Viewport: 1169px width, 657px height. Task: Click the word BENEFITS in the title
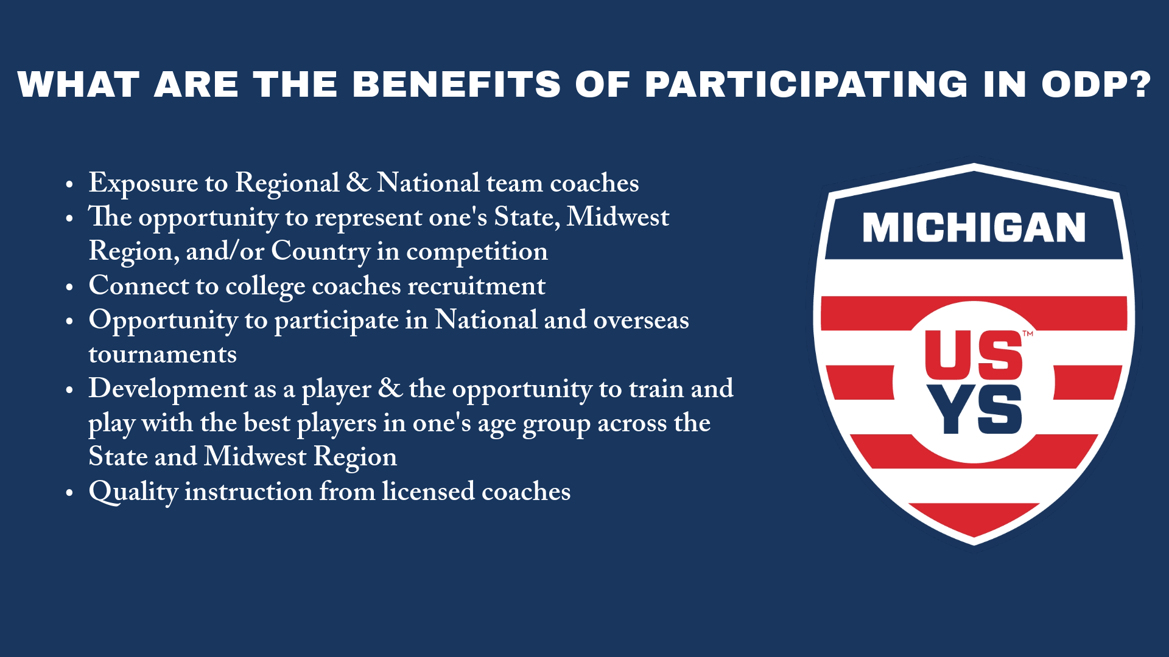(456, 85)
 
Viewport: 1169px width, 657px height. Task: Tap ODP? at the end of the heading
(1096, 85)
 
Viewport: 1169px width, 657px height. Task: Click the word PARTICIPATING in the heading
(806, 85)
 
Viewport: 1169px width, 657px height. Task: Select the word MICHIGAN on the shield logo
(974, 228)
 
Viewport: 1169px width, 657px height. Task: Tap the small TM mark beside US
(1028, 334)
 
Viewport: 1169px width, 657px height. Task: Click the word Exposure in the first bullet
(143, 184)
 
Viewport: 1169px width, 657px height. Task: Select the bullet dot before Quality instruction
(69, 493)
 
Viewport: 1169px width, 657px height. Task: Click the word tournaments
(163, 355)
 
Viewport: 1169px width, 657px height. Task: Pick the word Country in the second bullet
(320, 252)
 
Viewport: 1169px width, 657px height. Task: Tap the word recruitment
(476, 287)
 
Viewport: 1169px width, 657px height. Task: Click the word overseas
(641, 321)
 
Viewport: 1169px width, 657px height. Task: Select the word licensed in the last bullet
(428, 492)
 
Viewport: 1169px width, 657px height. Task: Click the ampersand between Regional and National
(358, 183)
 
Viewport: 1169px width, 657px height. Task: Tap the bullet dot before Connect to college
(69, 288)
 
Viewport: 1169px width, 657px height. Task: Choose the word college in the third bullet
(265, 287)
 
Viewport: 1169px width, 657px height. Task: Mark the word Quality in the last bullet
(133, 492)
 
